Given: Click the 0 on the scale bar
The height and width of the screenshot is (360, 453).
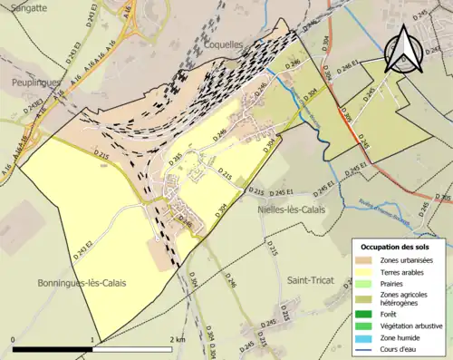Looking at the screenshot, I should tap(13, 339).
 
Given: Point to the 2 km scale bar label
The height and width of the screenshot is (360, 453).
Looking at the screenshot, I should tap(177, 339).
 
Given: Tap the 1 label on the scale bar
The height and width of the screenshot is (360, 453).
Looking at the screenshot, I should tap(93, 339).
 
